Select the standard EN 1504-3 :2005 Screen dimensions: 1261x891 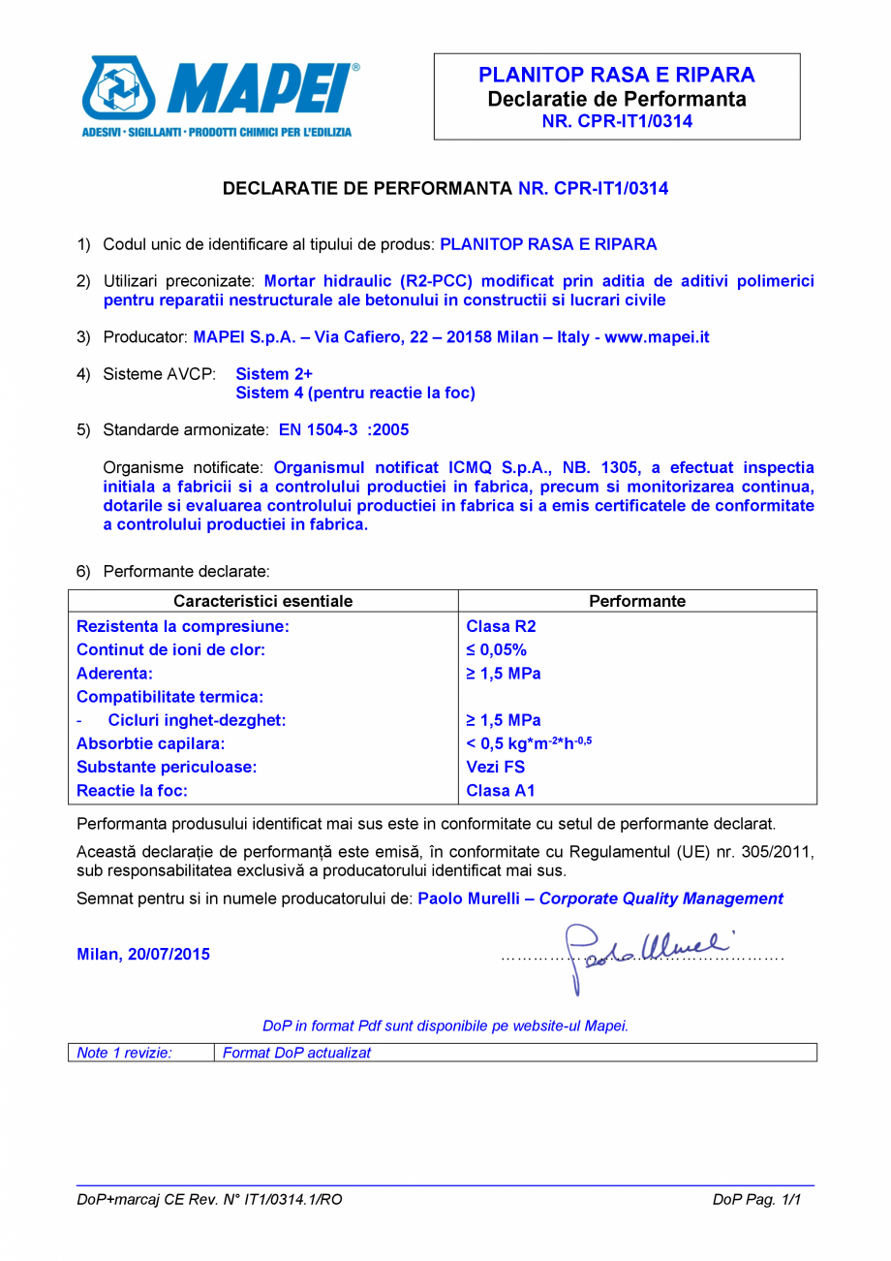pyautogui.click(x=344, y=428)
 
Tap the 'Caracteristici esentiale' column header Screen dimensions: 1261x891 pyautogui.click(x=262, y=601)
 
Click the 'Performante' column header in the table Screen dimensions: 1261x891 pyautogui.click(x=637, y=601)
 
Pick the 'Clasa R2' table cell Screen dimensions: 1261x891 pyautogui.click(x=494, y=626)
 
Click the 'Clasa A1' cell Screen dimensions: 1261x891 pyautogui.click(x=500, y=790)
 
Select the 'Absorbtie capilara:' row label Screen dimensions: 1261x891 pyautogui.click(x=151, y=743)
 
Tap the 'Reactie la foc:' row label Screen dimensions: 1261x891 pyautogui.click(x=132, y=790)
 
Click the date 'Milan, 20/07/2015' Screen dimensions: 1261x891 pyautogui.click(x=143, y=954)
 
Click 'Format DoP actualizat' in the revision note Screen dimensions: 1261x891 pyautogui.click(x=296, y=1052)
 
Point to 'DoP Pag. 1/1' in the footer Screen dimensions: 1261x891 pyautogui.click(x=757, y=1199)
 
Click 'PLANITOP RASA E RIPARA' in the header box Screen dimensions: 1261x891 pyautogui.click(x=617, y=76)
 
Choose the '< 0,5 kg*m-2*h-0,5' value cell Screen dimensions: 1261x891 pyautogui.click(x=529, y=743)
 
